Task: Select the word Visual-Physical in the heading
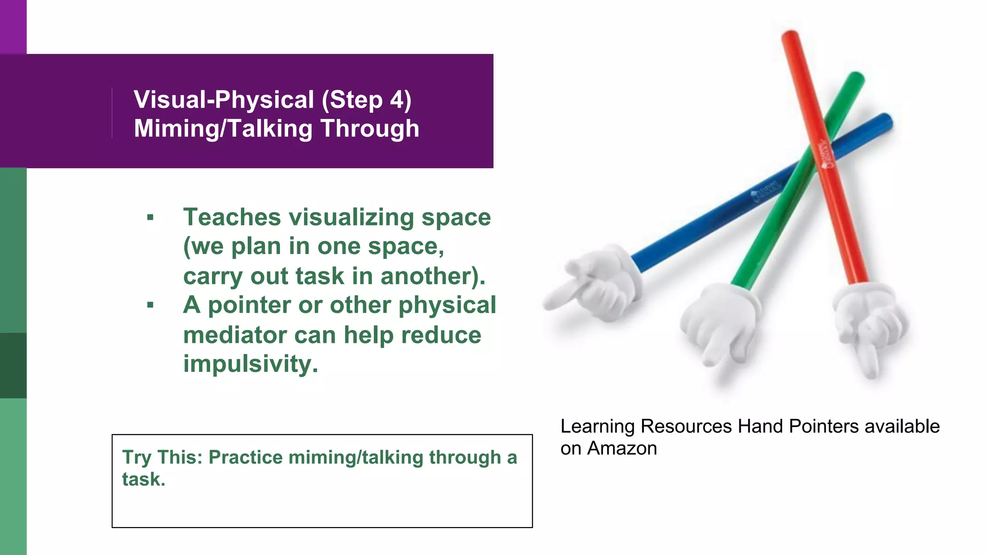[224, 100]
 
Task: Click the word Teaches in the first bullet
[232, 217]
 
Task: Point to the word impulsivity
[251, 364]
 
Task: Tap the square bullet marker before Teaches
[150, 218]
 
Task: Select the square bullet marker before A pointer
[150, 305]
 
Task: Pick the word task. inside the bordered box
[144, 479]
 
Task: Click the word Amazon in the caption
[622, 449]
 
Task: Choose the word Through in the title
[370, 129]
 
